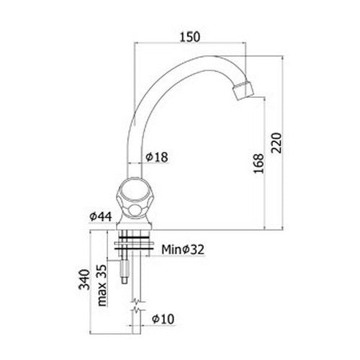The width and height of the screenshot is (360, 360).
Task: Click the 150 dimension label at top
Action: (190, 37)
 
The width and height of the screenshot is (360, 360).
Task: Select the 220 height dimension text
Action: (276, 143)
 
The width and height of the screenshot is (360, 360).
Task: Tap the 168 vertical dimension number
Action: (258, 163)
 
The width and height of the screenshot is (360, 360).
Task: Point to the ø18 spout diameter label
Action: (157, 157)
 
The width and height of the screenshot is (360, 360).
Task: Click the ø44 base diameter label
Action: (101, 217)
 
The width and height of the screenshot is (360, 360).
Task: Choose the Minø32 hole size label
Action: (183, 249)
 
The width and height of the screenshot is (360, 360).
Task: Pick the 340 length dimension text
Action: (84, 279)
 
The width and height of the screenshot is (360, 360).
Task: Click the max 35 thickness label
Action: (102, 285)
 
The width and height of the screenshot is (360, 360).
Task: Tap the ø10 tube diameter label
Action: (163, 319)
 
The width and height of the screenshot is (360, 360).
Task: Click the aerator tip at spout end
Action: (243, 91)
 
